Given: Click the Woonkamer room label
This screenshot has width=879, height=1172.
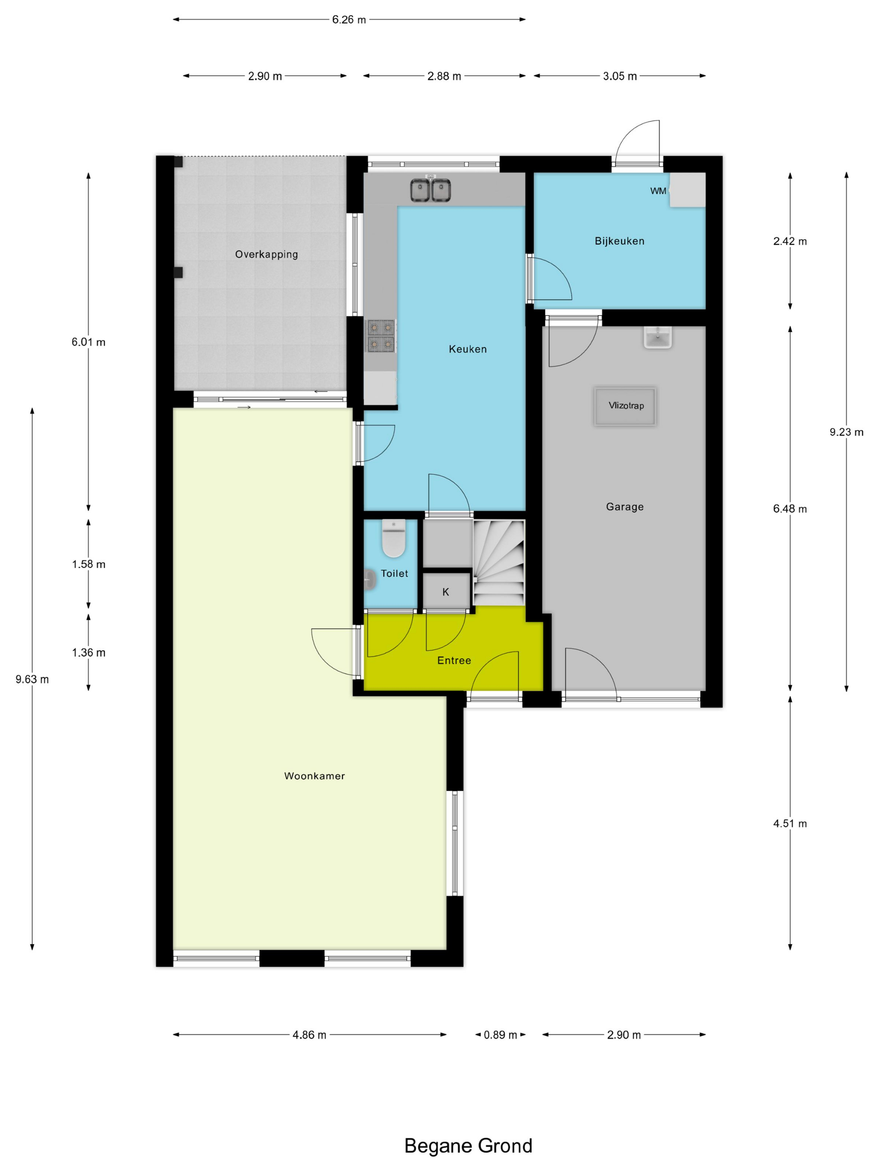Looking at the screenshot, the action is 314,776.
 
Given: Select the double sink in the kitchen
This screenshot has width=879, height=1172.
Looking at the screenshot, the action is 430,190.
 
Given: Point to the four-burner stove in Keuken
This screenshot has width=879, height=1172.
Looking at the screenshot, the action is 381,336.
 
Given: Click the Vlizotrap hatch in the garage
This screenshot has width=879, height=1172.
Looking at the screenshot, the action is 625,406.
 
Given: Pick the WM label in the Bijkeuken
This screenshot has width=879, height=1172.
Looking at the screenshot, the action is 658,191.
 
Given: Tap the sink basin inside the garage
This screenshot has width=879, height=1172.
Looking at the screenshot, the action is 658,337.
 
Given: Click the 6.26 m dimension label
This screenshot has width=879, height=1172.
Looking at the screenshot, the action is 349,20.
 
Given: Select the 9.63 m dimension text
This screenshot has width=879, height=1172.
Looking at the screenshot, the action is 32,679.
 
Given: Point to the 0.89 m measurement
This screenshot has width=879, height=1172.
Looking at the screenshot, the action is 500,1035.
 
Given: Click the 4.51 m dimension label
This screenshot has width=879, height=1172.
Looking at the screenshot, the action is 789,823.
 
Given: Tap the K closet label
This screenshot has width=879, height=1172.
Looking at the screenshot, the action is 446,592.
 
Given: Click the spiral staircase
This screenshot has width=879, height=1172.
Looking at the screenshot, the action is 499,563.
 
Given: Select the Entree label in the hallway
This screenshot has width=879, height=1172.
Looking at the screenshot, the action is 454,660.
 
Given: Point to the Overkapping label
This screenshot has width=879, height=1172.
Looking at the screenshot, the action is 267,254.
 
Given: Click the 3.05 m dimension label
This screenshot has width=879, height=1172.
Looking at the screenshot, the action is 620,76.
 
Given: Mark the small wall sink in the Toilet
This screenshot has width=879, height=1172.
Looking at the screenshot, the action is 369,580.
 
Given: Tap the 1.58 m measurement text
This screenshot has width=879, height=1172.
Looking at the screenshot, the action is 88,564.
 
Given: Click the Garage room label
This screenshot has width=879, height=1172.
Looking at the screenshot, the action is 625,507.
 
